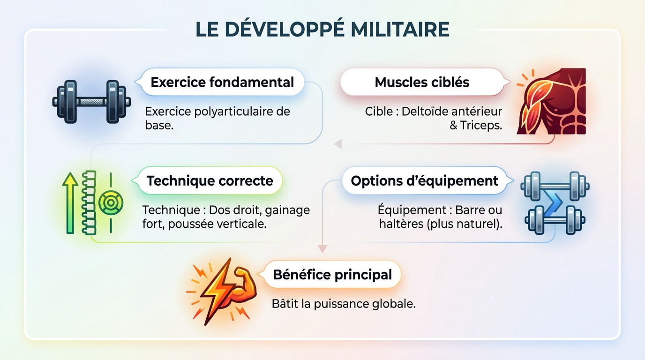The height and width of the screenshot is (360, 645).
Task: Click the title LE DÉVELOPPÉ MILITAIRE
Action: [x=322, y=29]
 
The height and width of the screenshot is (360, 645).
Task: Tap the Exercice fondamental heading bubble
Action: [x=222, y=82]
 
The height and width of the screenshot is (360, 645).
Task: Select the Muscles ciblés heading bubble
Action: [x=422, y=82]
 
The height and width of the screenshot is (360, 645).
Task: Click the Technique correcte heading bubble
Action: [x=210, y=181]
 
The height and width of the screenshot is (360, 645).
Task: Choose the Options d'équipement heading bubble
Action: [x=424, y=181]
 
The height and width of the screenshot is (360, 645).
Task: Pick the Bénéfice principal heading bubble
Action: [x=332, y=274]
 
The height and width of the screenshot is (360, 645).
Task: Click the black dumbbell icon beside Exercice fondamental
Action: [x=91, y=101]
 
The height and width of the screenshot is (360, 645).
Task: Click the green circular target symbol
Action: [x=111, y=202]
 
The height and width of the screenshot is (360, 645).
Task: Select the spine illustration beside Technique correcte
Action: [x=89, y=202]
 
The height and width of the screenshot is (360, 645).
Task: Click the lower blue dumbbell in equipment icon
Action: [x=555, y=220]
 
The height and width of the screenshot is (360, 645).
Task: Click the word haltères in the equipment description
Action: [x=402, y=224]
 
